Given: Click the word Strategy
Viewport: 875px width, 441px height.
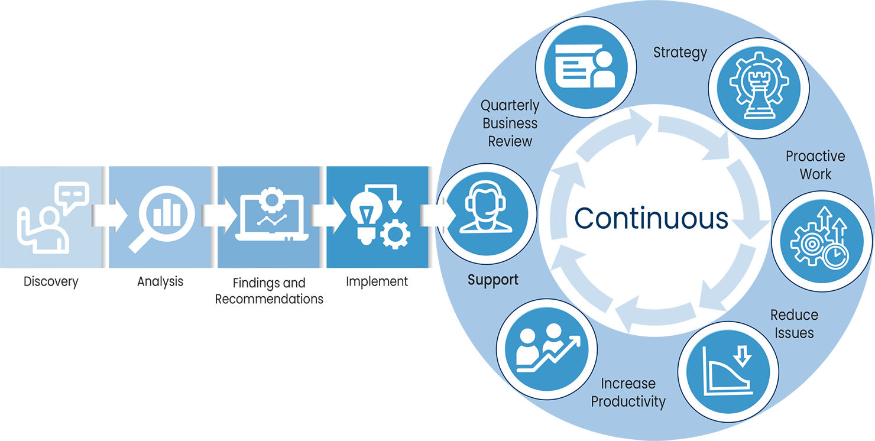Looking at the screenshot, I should click(680, 53).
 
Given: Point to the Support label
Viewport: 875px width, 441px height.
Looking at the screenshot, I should click(492, 280).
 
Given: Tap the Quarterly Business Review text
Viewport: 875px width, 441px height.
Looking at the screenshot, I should click(510, 124).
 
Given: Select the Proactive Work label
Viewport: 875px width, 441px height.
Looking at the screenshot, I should click(815, 165).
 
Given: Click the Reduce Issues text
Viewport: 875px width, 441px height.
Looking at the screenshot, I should click(794, 323).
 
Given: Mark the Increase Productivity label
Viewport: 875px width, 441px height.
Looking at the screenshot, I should click(628, 393).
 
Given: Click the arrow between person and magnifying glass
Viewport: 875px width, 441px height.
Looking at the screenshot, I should click(111, 215).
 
